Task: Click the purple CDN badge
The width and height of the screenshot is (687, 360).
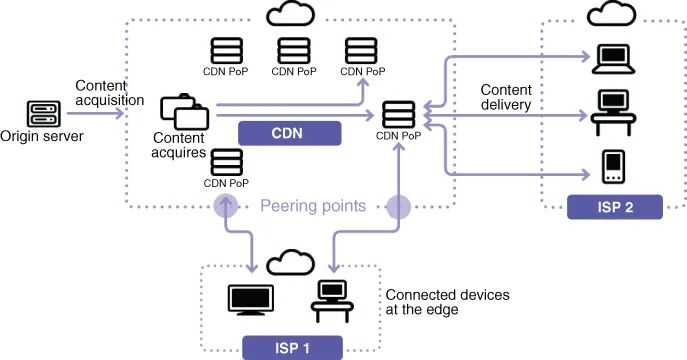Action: click(290, 132)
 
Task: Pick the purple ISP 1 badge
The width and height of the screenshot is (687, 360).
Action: click(293, 346)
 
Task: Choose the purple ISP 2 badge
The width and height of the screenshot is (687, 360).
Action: click(614, 207)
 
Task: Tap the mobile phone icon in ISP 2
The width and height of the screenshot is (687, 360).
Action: click(612, 167)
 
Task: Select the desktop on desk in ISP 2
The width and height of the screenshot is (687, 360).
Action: click(611, 111)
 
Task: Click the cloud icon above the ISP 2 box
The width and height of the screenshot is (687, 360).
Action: click(612, 16)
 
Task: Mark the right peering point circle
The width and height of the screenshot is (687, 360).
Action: click(399, 207)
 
